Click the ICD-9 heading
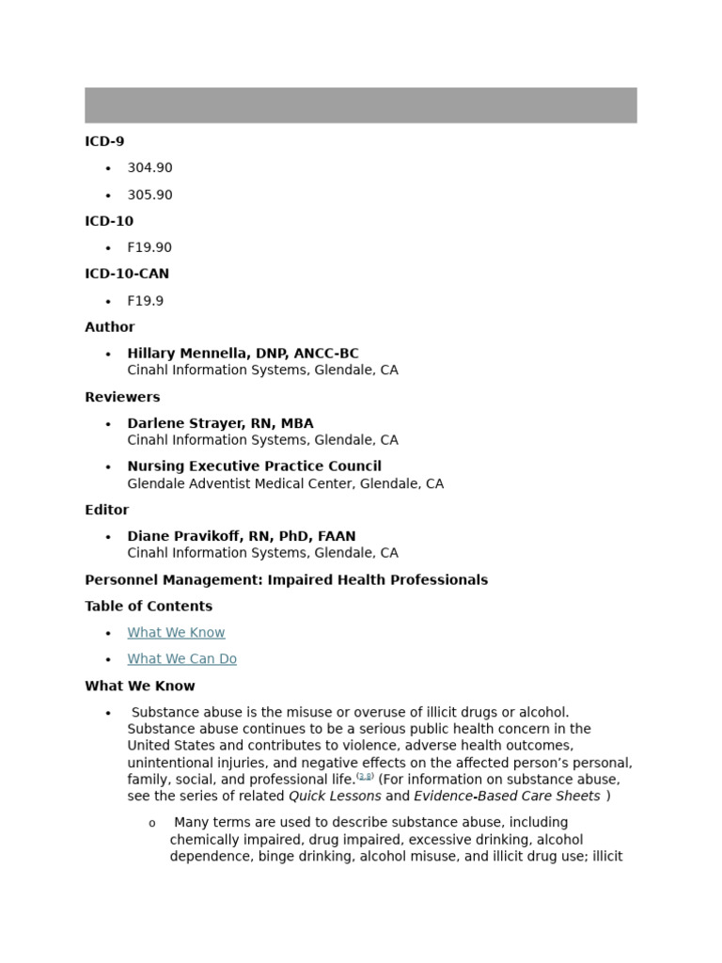[x=104, y=141]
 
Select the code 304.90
[x=149, y=167]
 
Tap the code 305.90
[x=149, y=195]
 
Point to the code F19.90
[x=149, y=247]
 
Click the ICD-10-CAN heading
[x=127, y=274]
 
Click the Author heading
[x=110, y=326]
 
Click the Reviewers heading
[x=122, y=397]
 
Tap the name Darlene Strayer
[x=185, y=423]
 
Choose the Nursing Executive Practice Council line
[x=254, y=466]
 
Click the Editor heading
[x=107, y=510]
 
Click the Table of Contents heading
[x=149, y=606]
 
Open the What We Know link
[x=176, y=632]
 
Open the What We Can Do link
[x=181, y=658]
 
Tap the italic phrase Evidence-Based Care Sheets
[x=507, y=796]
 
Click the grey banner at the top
[x=361, y=105]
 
